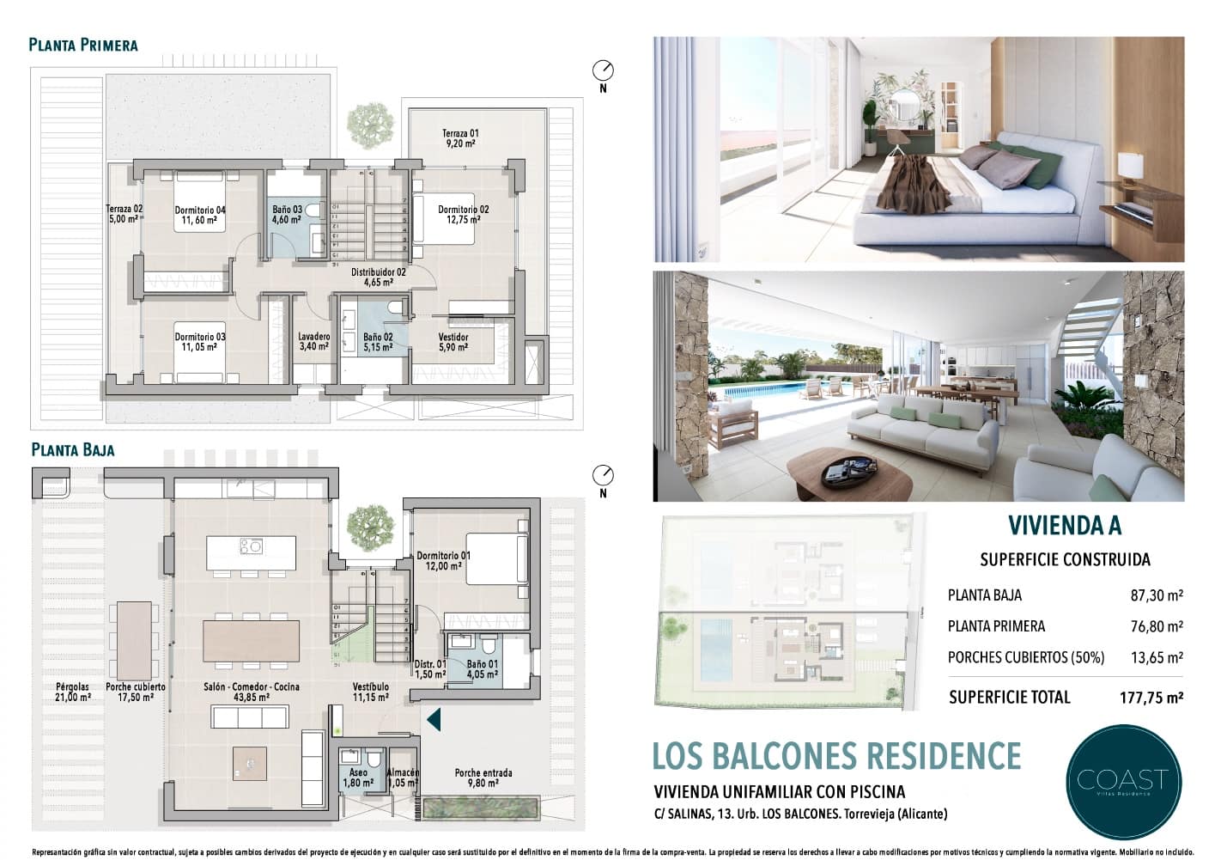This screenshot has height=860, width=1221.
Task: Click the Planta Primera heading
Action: (x=83, y=45)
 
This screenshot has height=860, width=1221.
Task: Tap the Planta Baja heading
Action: (x=73, y=449)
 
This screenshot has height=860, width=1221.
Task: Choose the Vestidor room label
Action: (x=453, y=342)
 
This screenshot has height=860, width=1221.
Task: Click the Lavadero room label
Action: (x=314, y=342)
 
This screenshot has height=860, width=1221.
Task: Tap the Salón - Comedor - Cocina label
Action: (x=252, y=692)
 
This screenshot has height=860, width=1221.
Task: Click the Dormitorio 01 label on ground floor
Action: (x=444, y=561)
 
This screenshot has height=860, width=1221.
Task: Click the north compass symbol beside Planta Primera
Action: (x=604, y=70)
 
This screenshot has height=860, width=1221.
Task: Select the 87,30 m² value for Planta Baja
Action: (x=1156, y=595)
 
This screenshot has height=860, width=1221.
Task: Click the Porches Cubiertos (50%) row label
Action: (x=1026, y=658)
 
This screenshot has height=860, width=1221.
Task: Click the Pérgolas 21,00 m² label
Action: (x=73, y=692)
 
